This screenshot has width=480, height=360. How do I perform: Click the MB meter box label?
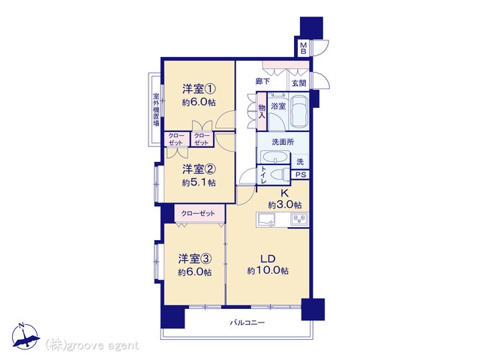[x=303, y=48]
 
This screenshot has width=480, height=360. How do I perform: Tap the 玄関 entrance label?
[x=298, y=83]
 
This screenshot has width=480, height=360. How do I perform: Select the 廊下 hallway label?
[x=262, y=82]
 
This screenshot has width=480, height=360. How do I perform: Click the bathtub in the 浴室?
[x=298, y=112]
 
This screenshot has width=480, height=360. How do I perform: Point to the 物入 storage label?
[x=262, y=112]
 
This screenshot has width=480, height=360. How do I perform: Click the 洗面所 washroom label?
[x=283, y=142]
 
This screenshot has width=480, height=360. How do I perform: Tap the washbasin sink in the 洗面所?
[x=274, y=157]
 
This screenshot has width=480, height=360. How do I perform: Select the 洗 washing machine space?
[x=300, y=162]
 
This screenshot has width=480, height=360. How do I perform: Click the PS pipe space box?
[x=301, y=175]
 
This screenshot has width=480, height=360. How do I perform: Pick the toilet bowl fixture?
[x=280, y=175]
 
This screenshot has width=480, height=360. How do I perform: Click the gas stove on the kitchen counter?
[x=299, y=220]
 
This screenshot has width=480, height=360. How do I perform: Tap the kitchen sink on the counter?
[x=266, y=220]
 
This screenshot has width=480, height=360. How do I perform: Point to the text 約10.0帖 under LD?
[x=268, y=271]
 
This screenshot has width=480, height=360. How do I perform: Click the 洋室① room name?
[x=199, y=89]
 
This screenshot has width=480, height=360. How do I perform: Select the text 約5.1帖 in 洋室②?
[x=199, y=183]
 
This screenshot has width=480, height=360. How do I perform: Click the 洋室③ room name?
[x=195, y=259]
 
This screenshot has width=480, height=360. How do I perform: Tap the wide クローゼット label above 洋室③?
[x=198, y=213]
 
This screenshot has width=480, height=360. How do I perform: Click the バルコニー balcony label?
[x=247, y=322]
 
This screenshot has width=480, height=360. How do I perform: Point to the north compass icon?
[x=25, y=336]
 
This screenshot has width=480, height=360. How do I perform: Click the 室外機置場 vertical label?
[x=156, y=109]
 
